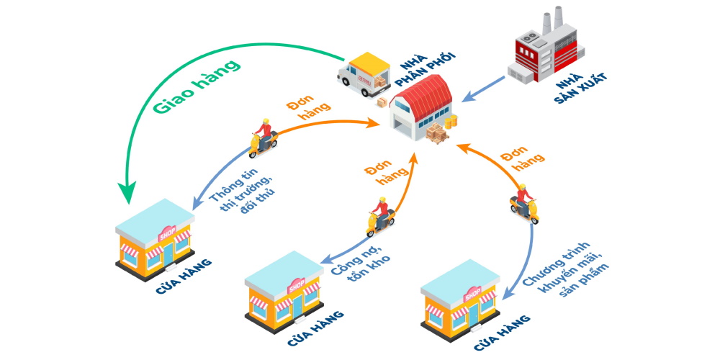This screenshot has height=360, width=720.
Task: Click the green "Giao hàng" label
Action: point(195,86)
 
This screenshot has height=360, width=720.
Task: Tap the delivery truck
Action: point(364,72)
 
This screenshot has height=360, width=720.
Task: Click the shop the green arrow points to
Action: point(154,238)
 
